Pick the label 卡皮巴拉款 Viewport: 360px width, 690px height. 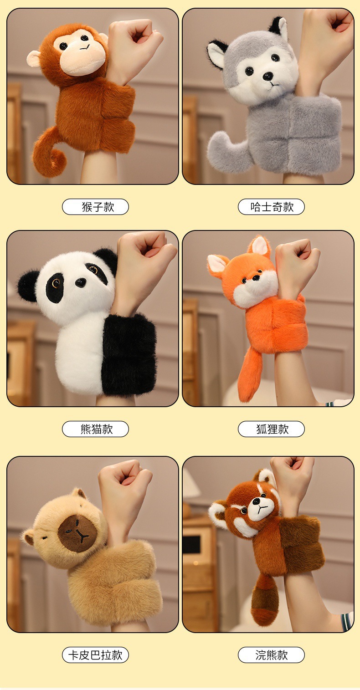95,654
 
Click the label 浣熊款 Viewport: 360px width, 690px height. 271,654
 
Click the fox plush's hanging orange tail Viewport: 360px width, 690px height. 250,376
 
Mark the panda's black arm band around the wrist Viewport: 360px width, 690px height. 129,354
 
